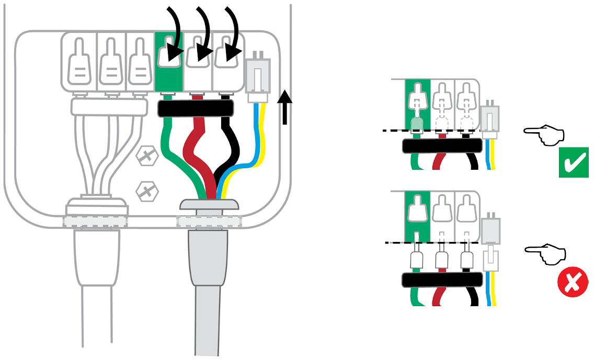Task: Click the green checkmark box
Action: click(x=574, y=162)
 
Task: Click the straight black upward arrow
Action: click(x=284, y=107)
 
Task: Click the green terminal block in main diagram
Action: click(x=168, y=60)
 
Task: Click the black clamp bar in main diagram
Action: click(x=196, y=109)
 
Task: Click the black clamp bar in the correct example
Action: click(x=442, y=146)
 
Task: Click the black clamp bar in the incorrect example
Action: click(x=442, y=280)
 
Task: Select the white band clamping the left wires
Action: click(x=108, y=108)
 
